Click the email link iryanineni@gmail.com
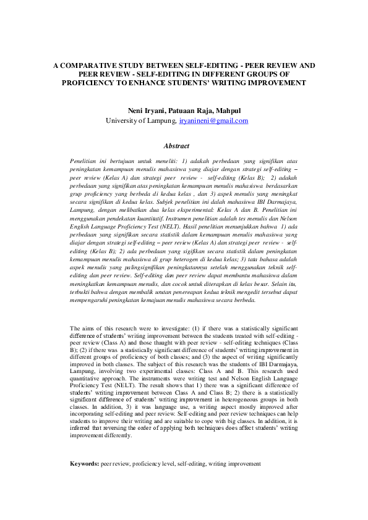[x=213, y=121]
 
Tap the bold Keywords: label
[x=85, y=463]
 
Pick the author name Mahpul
[x=228, y=111]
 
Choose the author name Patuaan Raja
[x=193, y=111]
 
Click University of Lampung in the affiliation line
[x=140, y=121]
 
